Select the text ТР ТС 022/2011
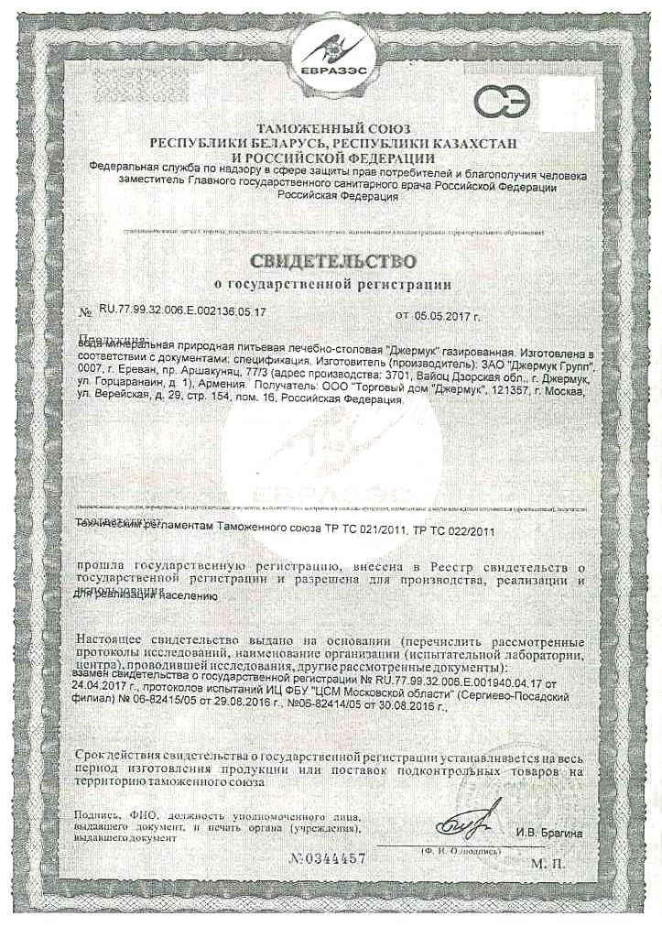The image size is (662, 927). point(451,529)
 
